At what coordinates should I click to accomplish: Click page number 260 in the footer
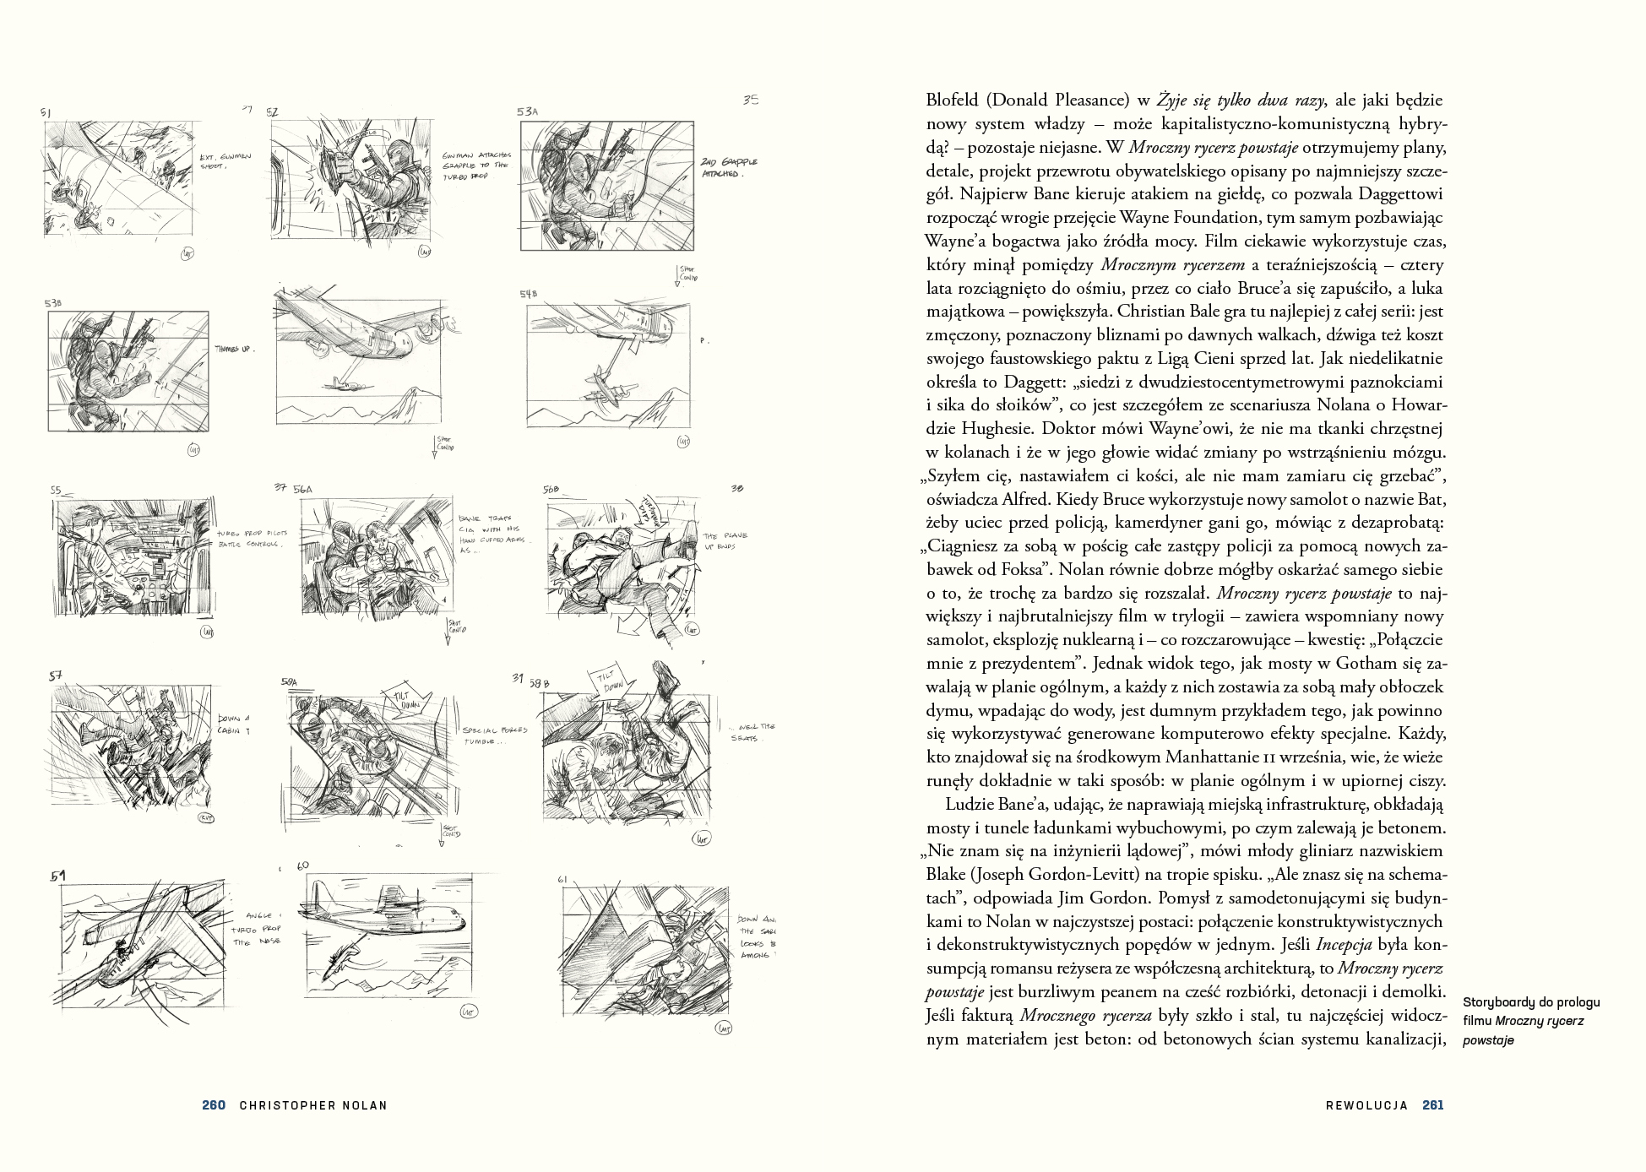[214, 1105]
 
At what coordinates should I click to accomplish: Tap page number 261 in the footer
[1433, 1105]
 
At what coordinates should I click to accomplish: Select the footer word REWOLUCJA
[1366, 1105]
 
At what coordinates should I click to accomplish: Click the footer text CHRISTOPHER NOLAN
[312, 1105]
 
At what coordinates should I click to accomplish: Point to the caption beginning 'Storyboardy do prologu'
[1530, 1021]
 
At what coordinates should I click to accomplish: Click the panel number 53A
[528, 111]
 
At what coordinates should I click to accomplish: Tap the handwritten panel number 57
[56, 676]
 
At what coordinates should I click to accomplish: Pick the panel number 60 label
[303, 865]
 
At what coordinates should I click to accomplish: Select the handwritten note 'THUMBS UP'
[234, 349]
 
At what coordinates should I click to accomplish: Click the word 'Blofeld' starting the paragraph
[952, 100]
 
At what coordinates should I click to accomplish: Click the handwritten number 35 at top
[751, 100]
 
